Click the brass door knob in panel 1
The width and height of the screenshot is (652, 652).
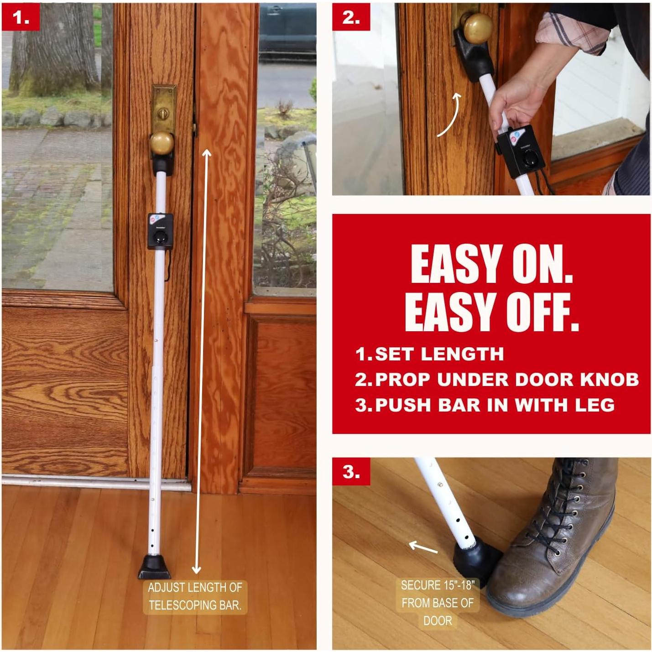pos(162,143)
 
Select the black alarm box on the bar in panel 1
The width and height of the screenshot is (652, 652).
pos(160,231)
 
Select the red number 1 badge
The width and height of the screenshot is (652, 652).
pos(21,17)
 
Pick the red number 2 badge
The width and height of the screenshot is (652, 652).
pos(350,17)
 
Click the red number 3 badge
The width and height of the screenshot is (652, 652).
pos(351,472)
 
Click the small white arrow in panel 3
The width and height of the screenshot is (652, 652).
pos(423,547)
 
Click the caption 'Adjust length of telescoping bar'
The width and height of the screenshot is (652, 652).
pos(195,596)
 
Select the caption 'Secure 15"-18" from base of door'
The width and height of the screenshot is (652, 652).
pos(437,603)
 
